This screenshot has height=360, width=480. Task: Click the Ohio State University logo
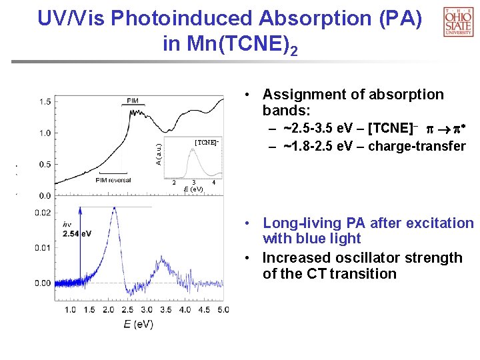pos(458,21)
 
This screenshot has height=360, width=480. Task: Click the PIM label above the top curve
pos(133,101)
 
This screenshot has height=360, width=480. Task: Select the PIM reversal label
pos(113,180)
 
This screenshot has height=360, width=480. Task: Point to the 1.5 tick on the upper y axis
pos(45,101)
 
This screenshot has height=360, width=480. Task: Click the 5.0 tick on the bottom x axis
pos(223,310)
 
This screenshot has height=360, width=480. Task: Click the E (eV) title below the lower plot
pos(137,325)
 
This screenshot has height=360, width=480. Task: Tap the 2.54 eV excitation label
pos(77,233)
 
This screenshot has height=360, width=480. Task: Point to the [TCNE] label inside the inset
pos(206,142)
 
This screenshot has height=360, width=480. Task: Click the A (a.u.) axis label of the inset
pos(158,154)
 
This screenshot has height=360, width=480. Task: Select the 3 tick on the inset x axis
pos(193,183)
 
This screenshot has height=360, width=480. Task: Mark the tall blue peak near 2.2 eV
pos(115,209)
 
